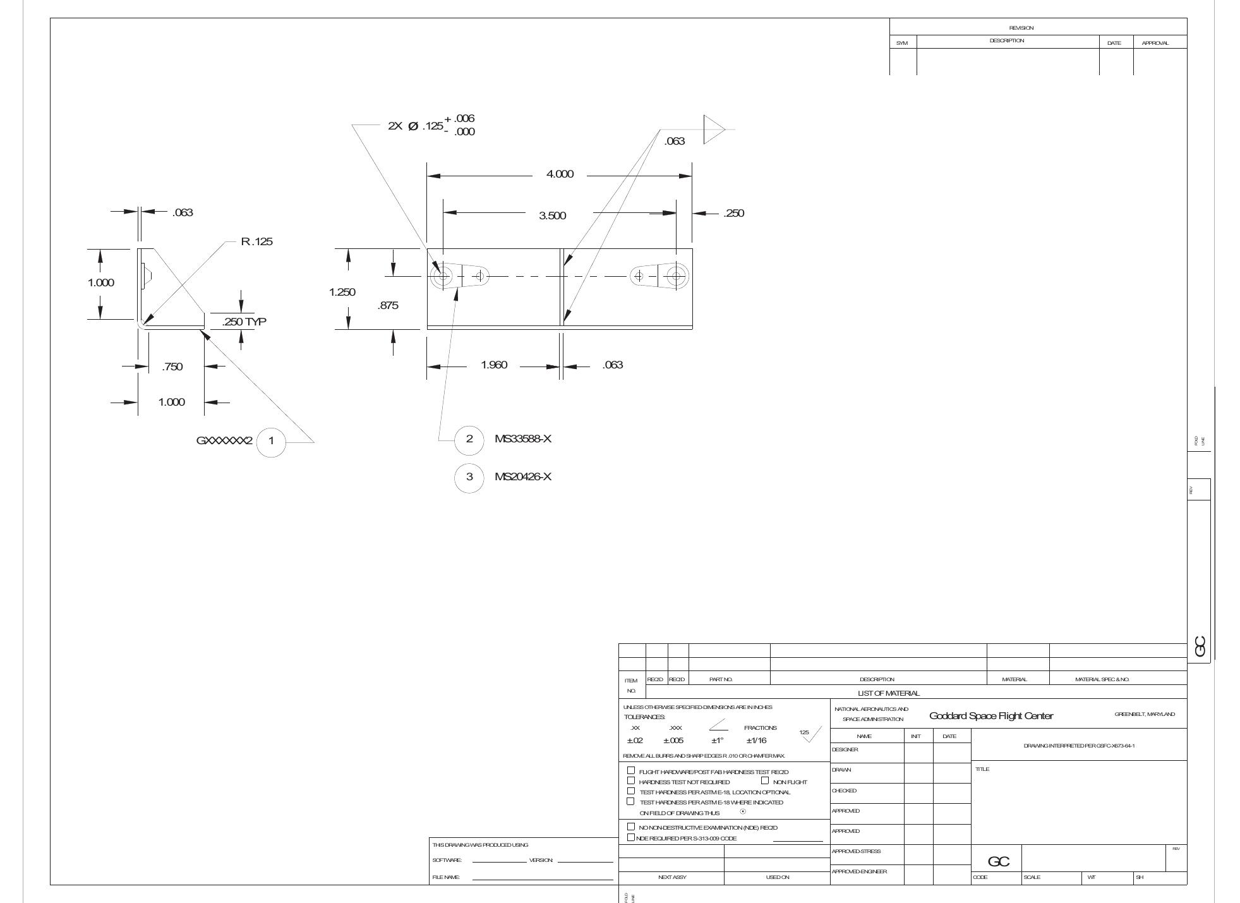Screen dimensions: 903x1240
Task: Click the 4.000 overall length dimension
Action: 560,174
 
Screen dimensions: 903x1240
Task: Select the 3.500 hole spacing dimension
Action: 552,215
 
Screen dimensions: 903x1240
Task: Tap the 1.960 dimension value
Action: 494,365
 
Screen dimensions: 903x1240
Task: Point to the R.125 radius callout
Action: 256,241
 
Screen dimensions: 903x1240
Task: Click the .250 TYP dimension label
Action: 244,322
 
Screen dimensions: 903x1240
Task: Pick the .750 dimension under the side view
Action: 172,367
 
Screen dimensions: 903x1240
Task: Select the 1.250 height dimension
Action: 342,292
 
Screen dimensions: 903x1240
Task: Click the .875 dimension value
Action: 388,306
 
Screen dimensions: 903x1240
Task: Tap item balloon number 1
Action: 272,440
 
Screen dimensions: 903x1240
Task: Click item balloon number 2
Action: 469,439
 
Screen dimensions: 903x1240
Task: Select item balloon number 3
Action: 469,476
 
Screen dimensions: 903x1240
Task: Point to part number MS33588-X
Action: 523,439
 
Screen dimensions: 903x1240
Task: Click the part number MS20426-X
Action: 523,476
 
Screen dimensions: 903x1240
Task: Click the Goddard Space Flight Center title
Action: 991,716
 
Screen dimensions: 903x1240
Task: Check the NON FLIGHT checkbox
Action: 766,781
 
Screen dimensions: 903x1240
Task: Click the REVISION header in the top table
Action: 1021,28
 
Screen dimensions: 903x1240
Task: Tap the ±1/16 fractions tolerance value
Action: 756,741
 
